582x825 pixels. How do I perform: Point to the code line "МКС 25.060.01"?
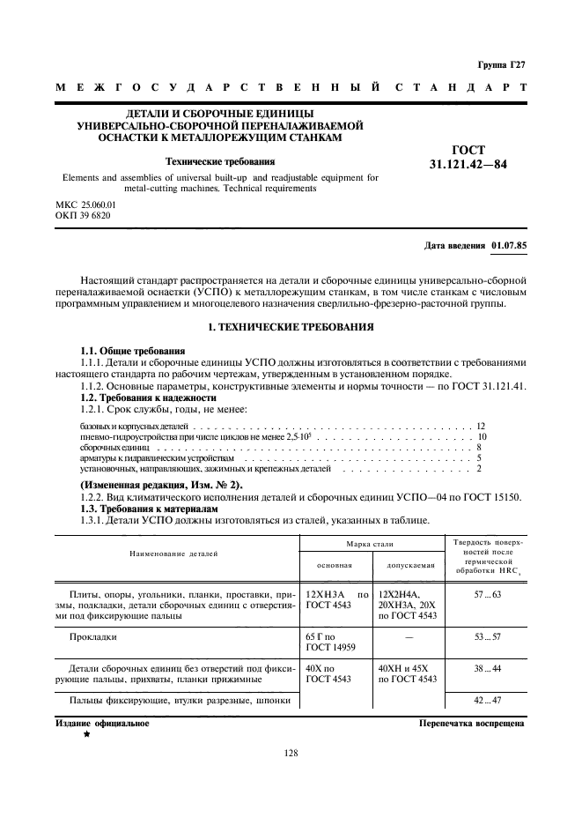coord(85,204)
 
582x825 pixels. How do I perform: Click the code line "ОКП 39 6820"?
coord(83,215)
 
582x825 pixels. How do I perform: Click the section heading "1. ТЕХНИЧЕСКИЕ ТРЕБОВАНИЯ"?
coord(290,328)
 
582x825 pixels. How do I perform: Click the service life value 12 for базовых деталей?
coord(481,426)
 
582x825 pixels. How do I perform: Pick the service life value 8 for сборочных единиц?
coord(478,448)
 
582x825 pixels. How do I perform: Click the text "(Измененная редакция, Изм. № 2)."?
coord(161,486)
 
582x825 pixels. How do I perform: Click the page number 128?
coord(291,753)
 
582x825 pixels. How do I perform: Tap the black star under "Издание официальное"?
coord(87,733)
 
